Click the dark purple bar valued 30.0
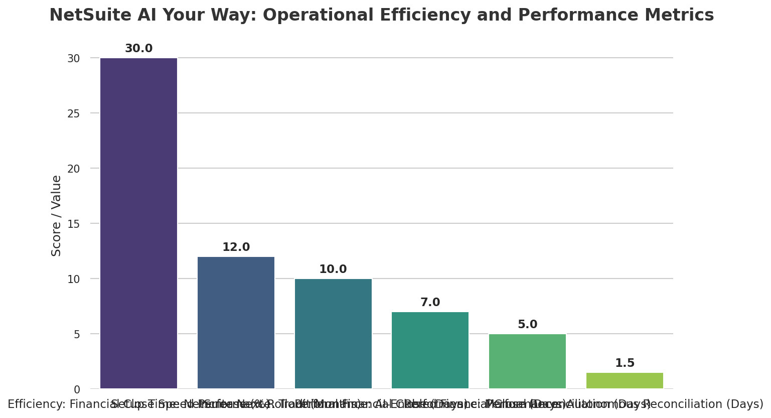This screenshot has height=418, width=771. coord(139,223)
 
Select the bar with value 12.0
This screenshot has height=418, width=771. coord(236,323)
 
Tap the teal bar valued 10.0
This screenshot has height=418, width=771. coord(333,334)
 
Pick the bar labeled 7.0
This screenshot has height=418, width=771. coord(430,350)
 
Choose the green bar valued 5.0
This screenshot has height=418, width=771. coord(527,361)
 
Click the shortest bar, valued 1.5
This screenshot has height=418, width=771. coord(625,380)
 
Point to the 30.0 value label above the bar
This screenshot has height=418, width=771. coord(139,49)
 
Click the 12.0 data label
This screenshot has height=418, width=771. coord(236,247)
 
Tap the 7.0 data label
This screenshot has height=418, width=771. coord(430,303)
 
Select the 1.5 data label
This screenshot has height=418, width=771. coord(625,363)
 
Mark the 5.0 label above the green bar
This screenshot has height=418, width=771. coord(527,325)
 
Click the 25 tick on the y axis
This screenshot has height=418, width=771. coord(74,113)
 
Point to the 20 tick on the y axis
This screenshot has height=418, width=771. coord(74,169)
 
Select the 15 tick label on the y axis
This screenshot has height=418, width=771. coord(74,224)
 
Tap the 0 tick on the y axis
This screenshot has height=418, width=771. coord(77,389)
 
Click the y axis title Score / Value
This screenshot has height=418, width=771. coord(57,216)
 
